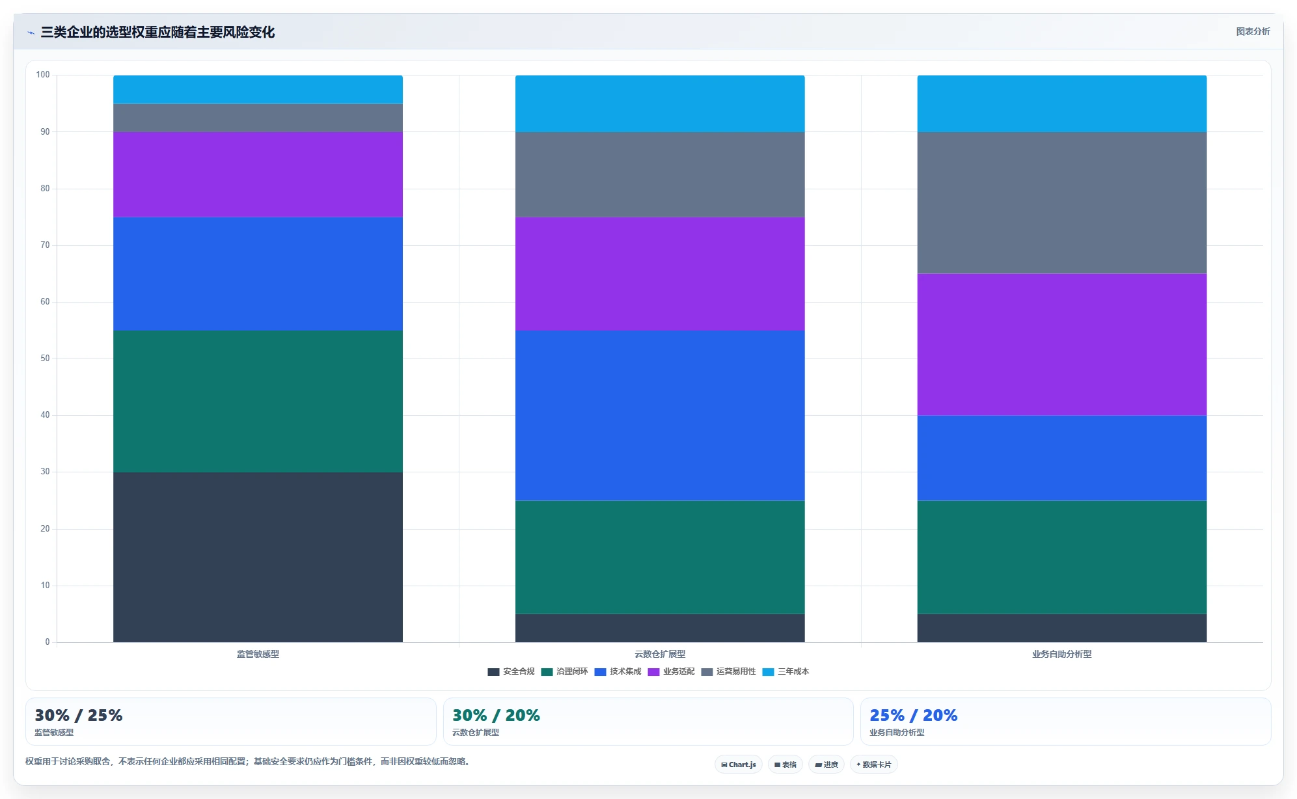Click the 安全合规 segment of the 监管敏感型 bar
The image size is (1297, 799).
[258, 557]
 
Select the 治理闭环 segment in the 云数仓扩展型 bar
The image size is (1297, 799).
[660, 557]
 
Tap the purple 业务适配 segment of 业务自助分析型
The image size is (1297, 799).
[1062, 345]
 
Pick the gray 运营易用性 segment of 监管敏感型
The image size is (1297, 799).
[258, 118]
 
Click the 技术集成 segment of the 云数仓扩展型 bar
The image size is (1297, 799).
[660, 415]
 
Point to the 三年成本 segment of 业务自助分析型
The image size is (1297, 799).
[1062, 103]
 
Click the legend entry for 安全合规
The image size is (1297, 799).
[511, 671]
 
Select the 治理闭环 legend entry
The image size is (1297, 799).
[564, 671]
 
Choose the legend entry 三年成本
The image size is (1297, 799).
[785, 671]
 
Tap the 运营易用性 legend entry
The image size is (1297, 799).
[728, 671]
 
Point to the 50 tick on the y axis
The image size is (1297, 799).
[45, 359]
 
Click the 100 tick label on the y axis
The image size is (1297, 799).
[43, 75]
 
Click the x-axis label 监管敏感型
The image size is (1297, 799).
[258, 654]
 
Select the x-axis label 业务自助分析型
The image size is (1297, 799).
[1062, 654]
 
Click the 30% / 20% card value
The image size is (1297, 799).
[496, 715]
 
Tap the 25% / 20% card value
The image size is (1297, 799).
[914, 715]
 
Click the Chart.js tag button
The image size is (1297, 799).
[739, 765]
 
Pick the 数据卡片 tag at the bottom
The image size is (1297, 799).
[874, 765]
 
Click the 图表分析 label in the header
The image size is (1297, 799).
[1253, 31]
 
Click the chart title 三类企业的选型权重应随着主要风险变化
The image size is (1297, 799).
[157, 32]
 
